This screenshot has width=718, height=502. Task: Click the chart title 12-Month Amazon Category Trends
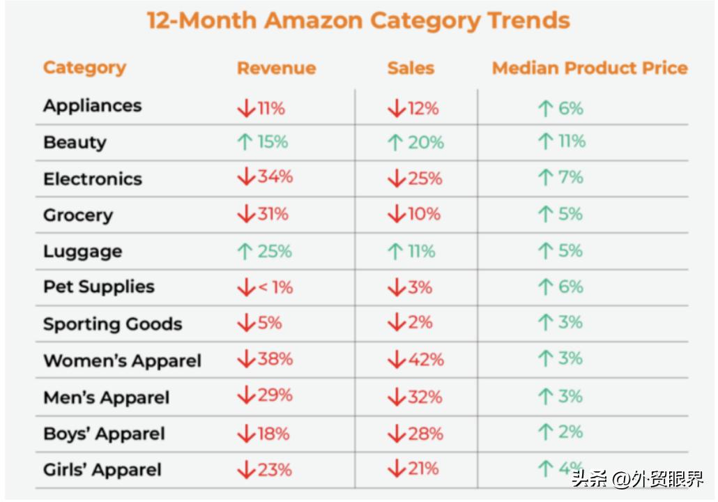(358, 21)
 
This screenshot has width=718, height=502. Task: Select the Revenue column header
(276, 68)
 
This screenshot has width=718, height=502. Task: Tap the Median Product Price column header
(590, 68)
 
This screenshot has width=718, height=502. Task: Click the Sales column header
(411, 68)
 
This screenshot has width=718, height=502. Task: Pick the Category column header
(84, 68)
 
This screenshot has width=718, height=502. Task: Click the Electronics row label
(92, 179)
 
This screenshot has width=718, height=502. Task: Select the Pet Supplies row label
(98, 287)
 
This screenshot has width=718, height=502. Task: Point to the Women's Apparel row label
(122, 361)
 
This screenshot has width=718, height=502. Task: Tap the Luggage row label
(82, 252)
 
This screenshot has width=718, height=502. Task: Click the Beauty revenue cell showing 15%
(263, 142)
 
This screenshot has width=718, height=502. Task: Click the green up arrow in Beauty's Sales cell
(395, 143)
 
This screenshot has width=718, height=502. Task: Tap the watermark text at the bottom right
(637, 480)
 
